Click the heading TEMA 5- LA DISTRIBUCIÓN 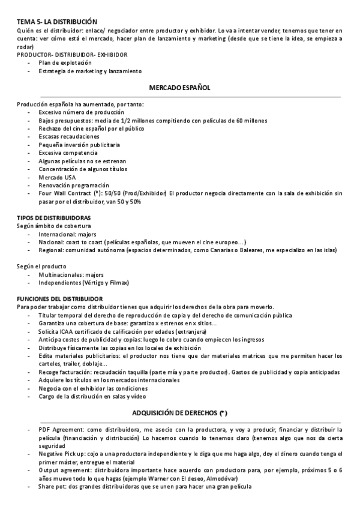(x=57, y=21)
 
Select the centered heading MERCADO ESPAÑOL (x=179, y=88)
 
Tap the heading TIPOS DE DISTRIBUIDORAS (x=54, y=217)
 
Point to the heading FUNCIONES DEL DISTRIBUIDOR (x=59, y=298)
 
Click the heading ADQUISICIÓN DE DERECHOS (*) (x=179, y=414)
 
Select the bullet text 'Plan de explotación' (x=65, y=62)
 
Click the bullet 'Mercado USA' (x=58, y=178)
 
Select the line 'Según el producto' (x=42, y=266)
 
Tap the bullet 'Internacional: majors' (x=67, y=233)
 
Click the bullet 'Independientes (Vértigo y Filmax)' (x=84, y=282)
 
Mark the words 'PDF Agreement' (x=61, y=430)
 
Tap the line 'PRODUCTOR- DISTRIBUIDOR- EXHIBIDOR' (x=73, y=54)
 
